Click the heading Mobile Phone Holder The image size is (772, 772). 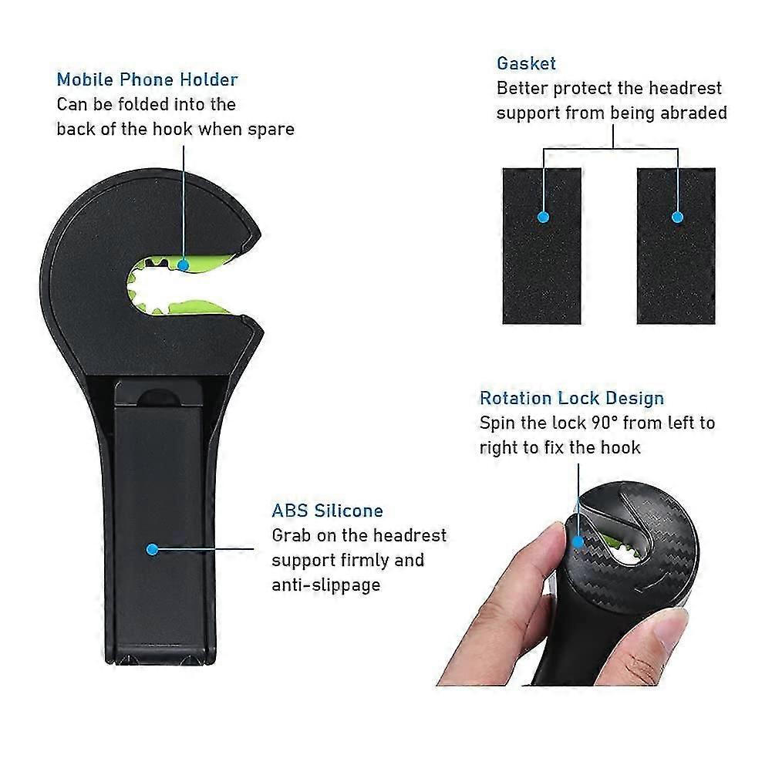pos(147,79)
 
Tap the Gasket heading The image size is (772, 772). pos(526,63)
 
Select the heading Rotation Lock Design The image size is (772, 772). pos(571,398)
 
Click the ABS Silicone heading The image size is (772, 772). pos(328,511)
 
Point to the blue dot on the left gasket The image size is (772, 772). pos(544,217)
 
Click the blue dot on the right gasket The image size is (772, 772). pos(677,217)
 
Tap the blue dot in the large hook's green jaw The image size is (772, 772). pos(183,265)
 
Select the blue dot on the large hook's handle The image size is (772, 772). pos(152,549)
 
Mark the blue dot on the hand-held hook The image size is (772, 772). pos(578,542)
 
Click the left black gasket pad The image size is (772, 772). pos(541,246)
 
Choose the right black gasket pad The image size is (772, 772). pos(676,246)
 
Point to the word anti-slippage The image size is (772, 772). pos(326,585)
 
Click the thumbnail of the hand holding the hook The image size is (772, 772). pos(568,583)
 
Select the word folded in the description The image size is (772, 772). pos(147,104)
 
